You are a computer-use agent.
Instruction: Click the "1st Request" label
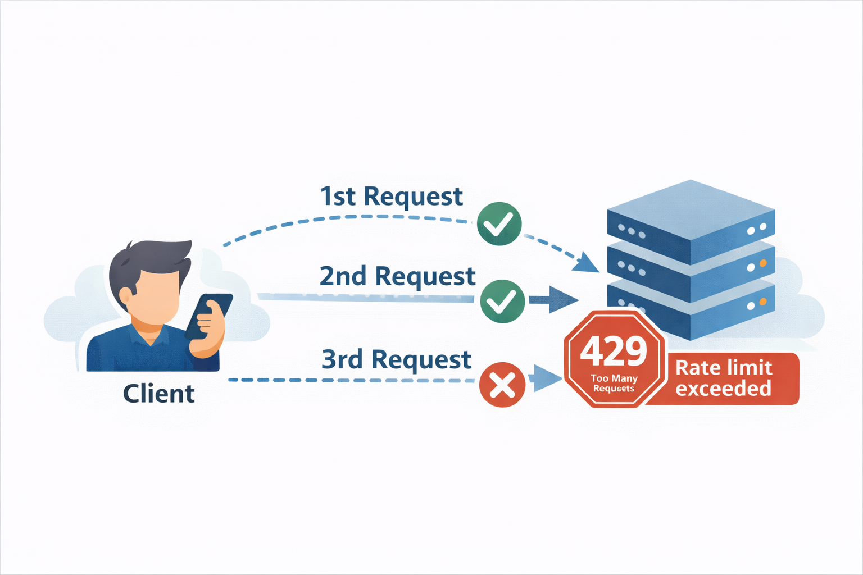[x=391, y=197]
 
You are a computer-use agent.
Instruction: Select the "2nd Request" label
[x=397, y=277]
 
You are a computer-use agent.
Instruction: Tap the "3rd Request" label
[x=396, y=360]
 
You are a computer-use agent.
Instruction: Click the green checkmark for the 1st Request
[x=499, y=223]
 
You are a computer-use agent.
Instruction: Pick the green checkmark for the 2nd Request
[x=502, y=301]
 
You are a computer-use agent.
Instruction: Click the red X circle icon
[x=502, y=385]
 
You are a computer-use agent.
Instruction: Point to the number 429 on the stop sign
[x=614, y=352]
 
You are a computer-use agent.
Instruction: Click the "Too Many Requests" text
[x=614, y=383]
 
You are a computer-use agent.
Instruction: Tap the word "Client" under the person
[x=158, y=394]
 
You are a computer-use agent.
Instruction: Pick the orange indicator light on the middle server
[x=763, y=263]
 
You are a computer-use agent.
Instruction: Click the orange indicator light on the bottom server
[x=763, y=303]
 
